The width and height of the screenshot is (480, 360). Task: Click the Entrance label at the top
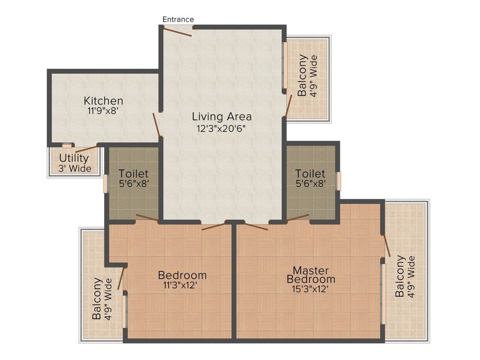click(x=178, y=19)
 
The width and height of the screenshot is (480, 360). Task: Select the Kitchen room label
click(x=104, y=101)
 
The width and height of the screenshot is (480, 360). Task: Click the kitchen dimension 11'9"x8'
click(x=103, y=111)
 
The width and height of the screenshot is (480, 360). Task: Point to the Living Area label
click(x=222, y=117)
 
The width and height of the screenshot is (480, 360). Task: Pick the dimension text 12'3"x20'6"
click(x=222, y=128)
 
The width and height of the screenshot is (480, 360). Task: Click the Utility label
click(x=74, y=158)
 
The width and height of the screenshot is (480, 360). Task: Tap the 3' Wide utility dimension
click(x=75, y=169)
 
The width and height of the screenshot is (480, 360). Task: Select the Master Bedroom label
click(x=311, y=275)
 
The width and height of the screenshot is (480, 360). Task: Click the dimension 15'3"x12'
click(x=310, y=289)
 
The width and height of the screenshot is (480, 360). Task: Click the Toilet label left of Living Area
click(x=134, y=174)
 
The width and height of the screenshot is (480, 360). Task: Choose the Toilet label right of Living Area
click(x=310, y=174)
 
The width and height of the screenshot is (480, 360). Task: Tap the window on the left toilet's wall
click(x=105, y=184)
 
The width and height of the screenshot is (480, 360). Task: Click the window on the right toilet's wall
click(x=339, y=181)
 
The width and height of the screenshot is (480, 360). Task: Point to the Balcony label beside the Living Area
click(x=307, y=75)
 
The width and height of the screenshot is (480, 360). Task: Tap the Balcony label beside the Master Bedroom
click(x=405, y=277)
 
